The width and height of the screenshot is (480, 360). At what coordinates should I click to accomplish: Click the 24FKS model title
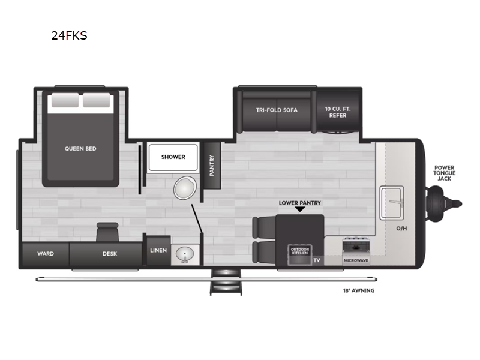pos(69,35)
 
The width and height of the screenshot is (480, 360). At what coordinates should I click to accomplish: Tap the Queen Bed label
pos(80,149)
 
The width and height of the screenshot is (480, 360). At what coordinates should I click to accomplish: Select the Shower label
pos(173,157)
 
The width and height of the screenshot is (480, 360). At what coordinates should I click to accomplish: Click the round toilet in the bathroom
pos(184,188)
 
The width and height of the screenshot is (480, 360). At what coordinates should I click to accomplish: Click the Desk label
pos(110,254)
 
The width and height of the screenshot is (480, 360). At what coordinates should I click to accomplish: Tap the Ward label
pos(46,254)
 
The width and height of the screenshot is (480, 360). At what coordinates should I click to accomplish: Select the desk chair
pos(107,232)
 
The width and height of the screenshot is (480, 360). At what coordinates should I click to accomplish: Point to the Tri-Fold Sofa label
pos(277,110)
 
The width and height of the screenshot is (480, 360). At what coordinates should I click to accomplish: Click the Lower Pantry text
pos(299,203)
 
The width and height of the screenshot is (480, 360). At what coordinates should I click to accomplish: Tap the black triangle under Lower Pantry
pos(299,210)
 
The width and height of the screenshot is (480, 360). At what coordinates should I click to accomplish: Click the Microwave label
pos(356,261)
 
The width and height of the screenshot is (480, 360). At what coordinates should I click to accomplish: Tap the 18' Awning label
pos(355,291)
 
